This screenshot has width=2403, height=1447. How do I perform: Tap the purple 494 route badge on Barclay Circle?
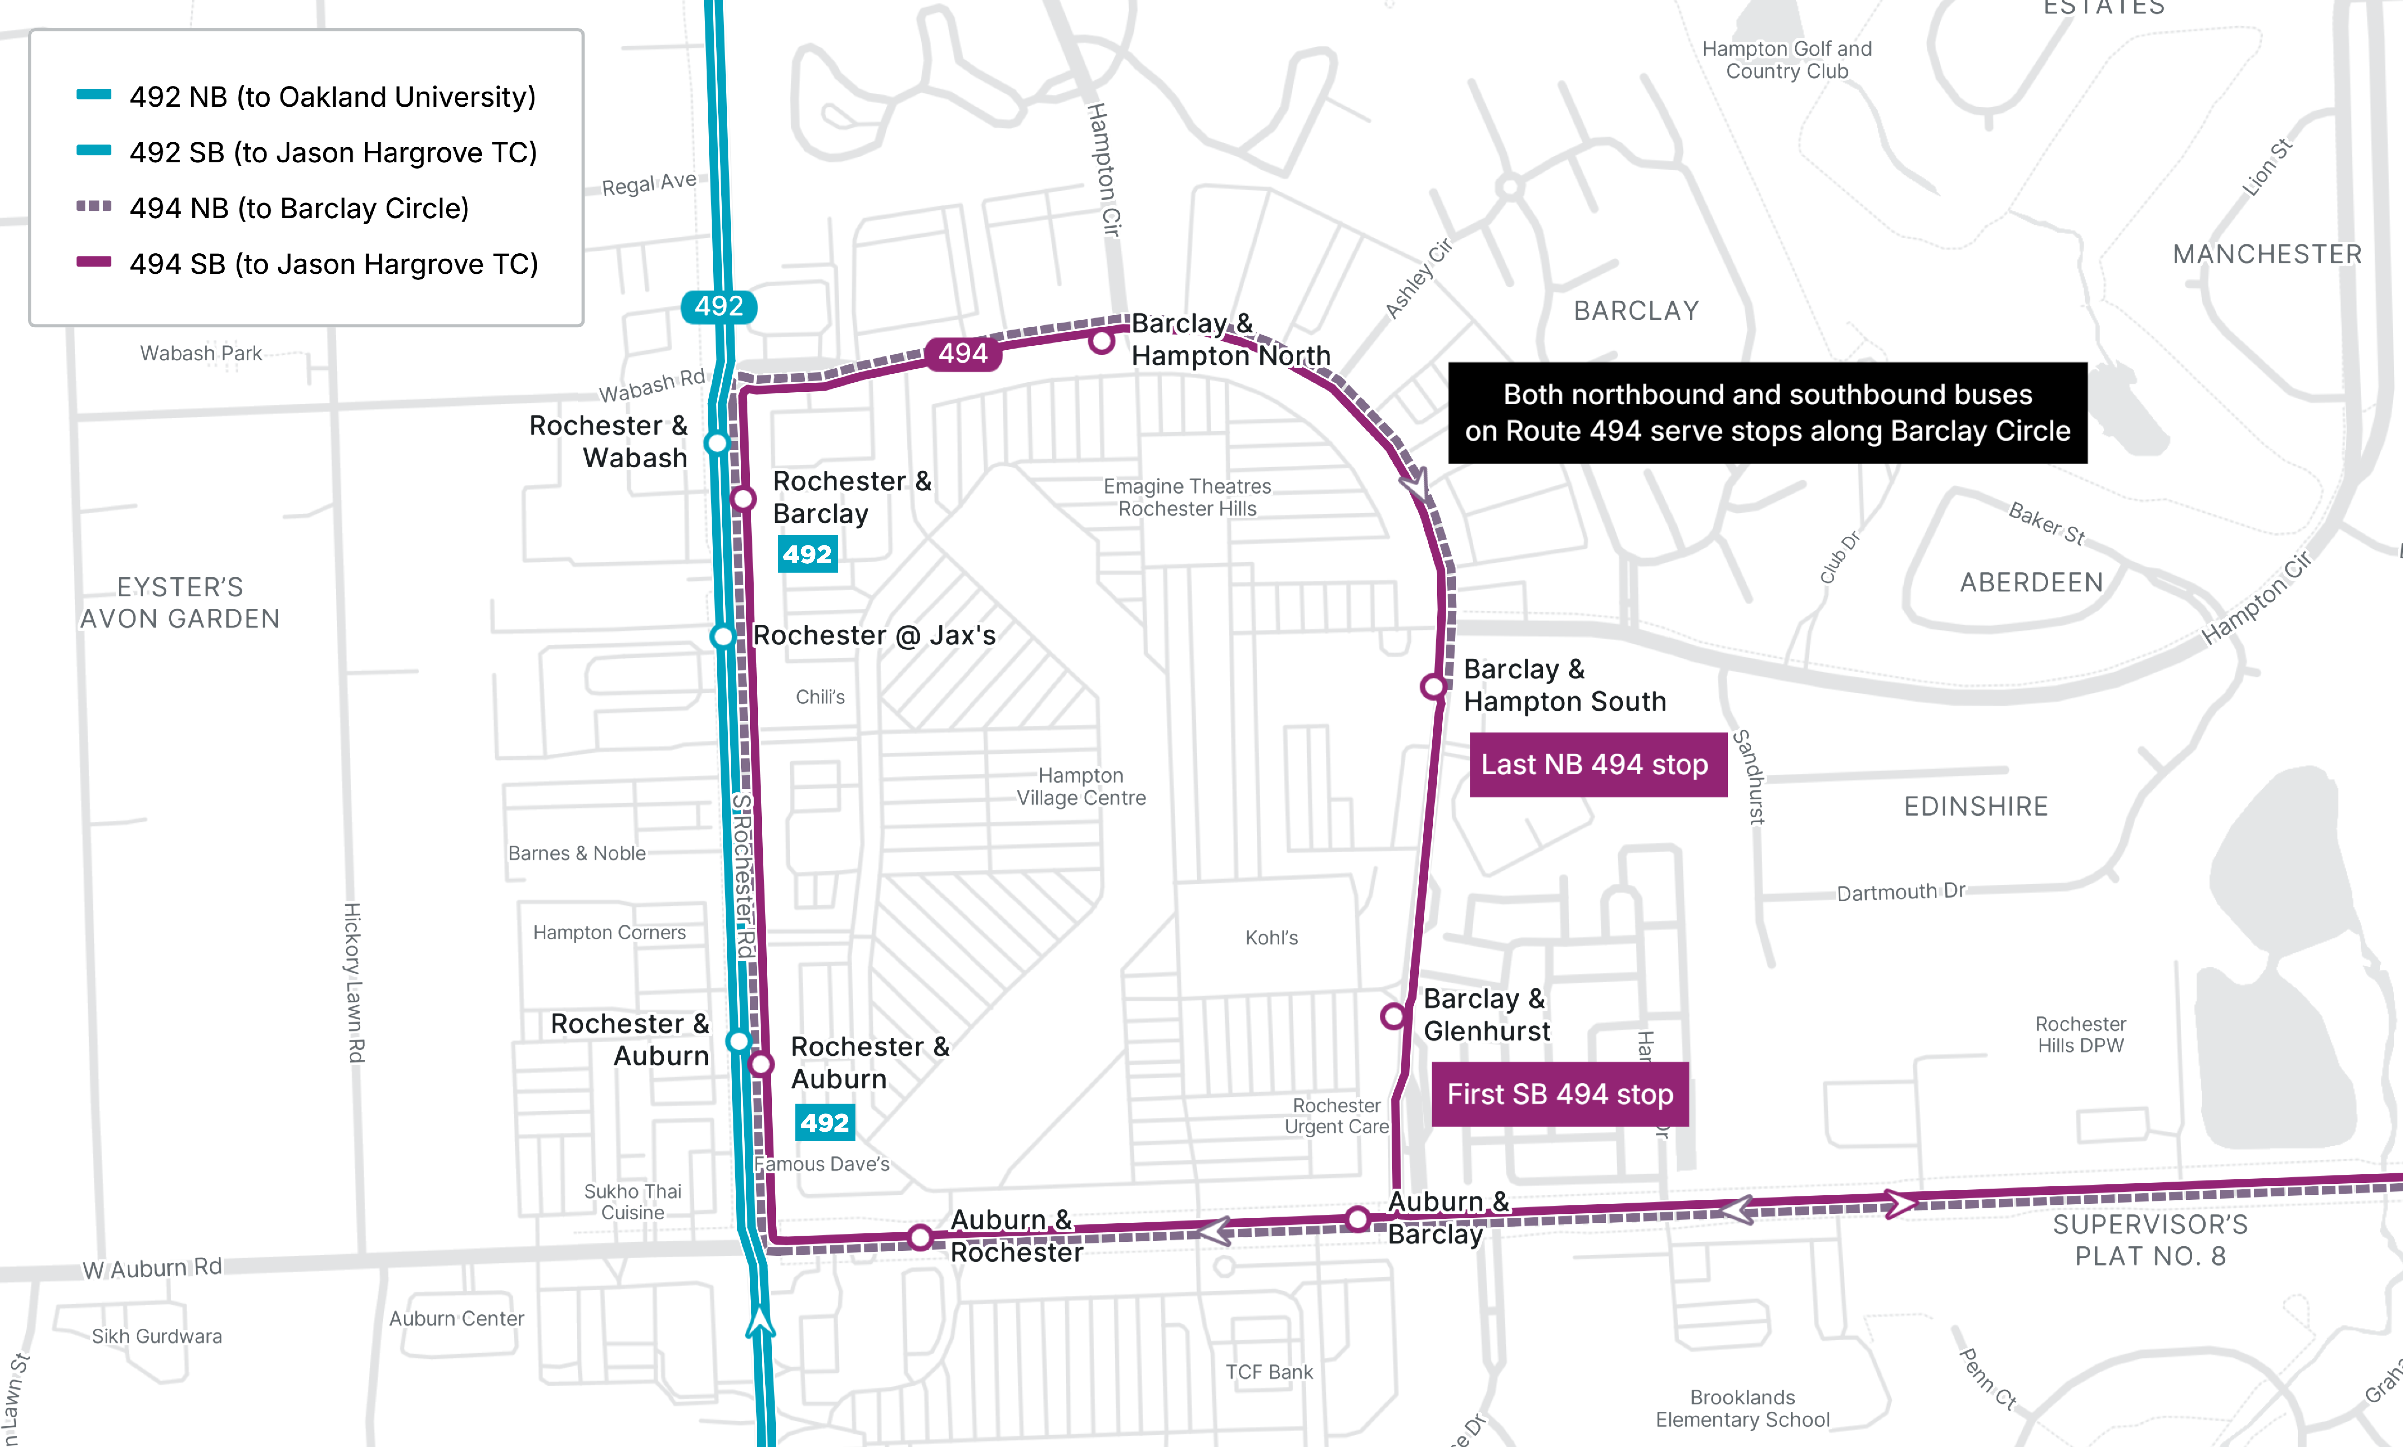962,353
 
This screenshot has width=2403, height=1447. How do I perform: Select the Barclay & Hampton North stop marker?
1102,341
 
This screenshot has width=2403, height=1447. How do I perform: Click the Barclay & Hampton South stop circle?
1433,687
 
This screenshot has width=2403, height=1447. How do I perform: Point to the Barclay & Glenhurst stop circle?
1393,1016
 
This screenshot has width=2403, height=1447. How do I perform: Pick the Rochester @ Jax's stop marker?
722,637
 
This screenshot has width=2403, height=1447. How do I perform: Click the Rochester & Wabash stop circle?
717,443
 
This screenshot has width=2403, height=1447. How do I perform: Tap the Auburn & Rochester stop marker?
920,1237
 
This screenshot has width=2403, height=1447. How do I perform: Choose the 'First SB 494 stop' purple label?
1560,1094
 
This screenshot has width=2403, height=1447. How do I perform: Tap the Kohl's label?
1271,938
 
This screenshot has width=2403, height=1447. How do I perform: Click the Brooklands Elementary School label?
1742,1408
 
